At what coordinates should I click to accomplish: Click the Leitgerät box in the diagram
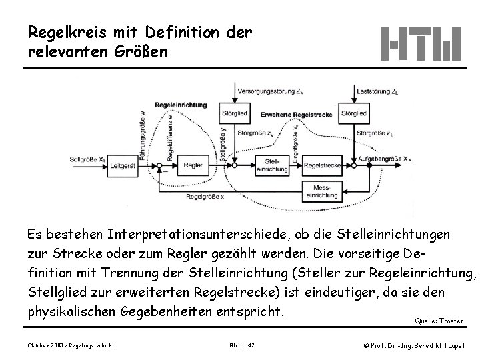pos(125,165)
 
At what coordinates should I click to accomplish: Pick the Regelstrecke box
pos(323,165)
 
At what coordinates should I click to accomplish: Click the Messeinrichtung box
pos(323,191)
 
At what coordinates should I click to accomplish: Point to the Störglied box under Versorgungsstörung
pos(238,113)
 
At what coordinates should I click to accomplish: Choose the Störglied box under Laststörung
pos(353,113)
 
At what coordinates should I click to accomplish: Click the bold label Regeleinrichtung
pos(180,105)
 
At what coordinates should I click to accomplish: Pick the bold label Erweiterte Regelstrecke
pos(289,113)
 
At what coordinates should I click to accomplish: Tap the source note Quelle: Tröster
pos(439,321)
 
